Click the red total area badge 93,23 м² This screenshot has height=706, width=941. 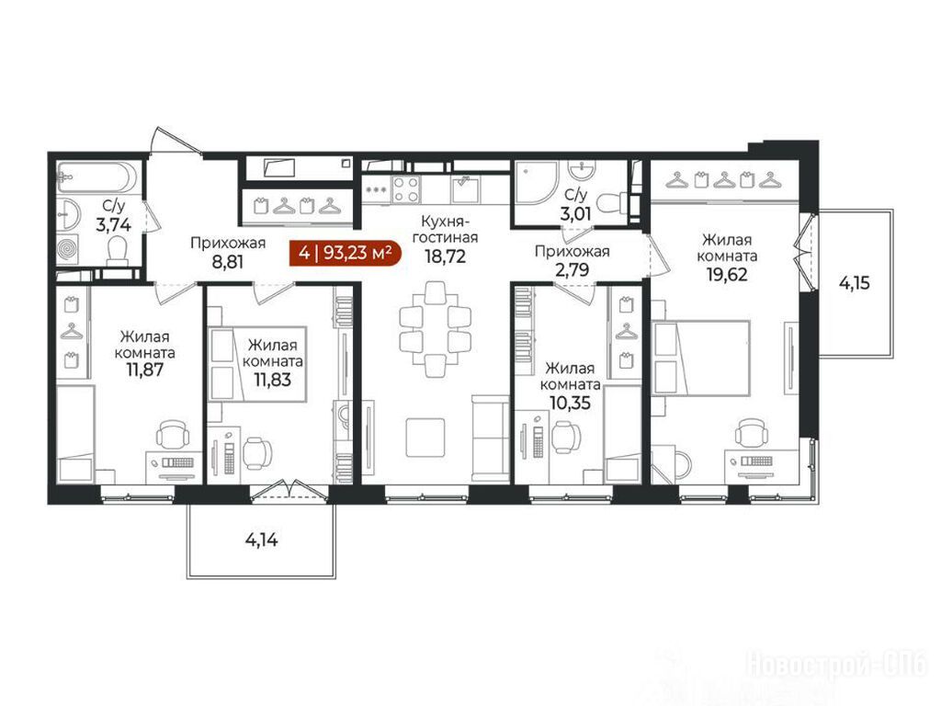pyautogui.click(x=346, y=253)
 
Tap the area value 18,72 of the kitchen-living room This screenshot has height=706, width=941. pyautogui.click(x=445, y=256)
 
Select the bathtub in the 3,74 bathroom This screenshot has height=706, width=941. pyautogui.click(x=96, y=176)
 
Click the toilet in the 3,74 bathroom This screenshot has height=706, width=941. pyautogui.click(x=118, y=251)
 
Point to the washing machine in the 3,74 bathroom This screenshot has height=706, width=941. pyautogui.click(x=70, y=248)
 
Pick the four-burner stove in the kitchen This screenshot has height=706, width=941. pyautogui.click(x=405, y=189)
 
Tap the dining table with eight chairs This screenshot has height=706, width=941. pyautogui.click(x=435, y=329)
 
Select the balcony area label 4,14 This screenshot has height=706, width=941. pyautogui.click(x=262, y=541)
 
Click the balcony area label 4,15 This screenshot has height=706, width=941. pyautogui.click(x=854, y=283)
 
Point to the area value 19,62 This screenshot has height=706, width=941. pyautogui.click(x=727, y=274)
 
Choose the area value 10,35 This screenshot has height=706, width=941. pyautogui.click(x=570, y=403)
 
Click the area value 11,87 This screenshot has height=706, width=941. pyautogui.click(x=144, y=370)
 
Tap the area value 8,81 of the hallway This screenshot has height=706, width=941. pyautogui.click(x=228, y=262)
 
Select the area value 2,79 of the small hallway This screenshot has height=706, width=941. pyautogui.click(x=572, y=269)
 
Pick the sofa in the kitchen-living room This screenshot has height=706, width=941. pyautogui.click(x=491, y=438)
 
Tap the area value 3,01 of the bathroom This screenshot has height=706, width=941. pyautogui.click(x=576, y=213)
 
